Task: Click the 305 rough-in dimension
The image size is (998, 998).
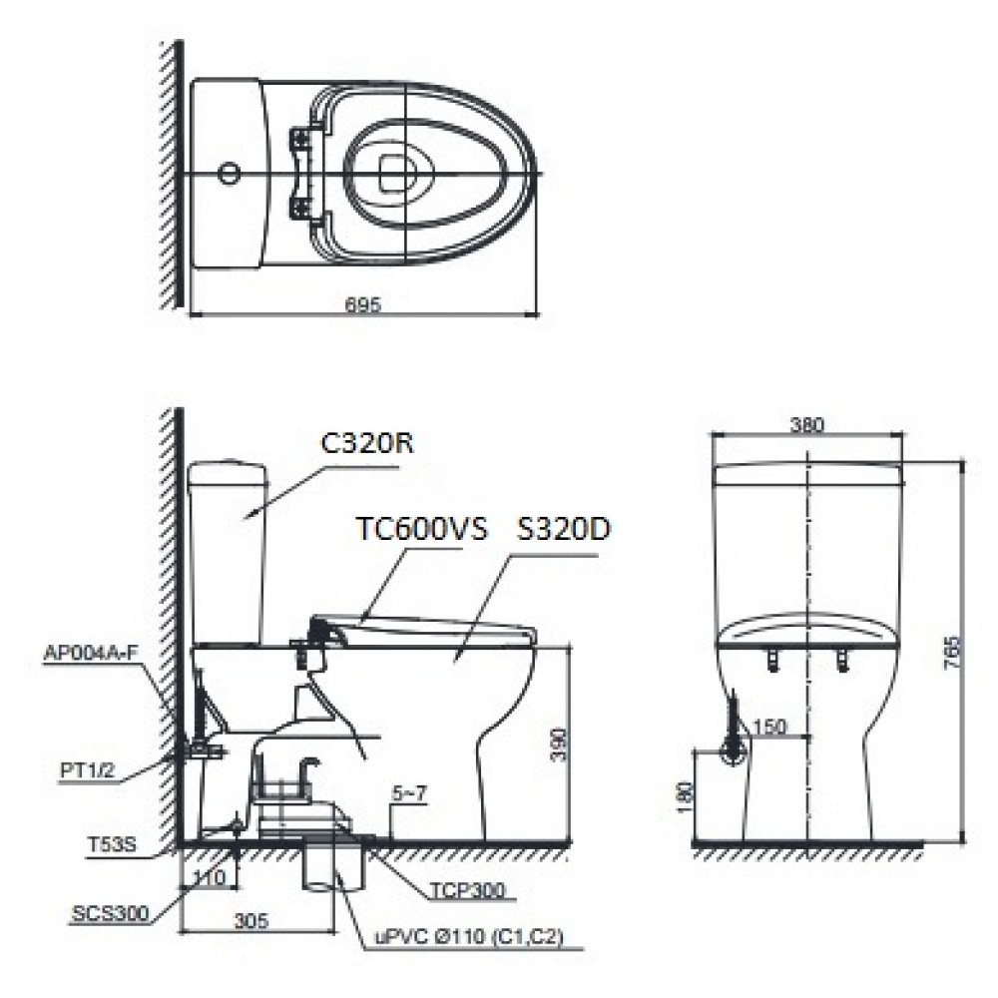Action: pyautogui.click(x=255, y=923)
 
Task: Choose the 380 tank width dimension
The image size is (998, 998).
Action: pyautogui.click(x=809, y=424)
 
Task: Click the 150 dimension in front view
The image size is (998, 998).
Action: pyautogui.click(x=770, y=726)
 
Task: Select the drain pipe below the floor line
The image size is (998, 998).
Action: pyautogui.click(x=329, y=873)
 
